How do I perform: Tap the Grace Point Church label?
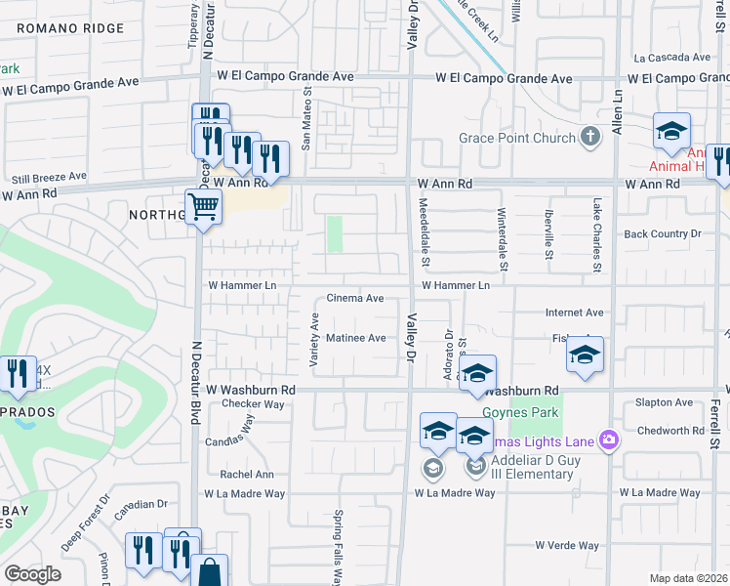point(517,138)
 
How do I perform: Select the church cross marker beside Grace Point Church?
point(589,137)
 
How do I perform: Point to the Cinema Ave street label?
point(354,298)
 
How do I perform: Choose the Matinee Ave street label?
point(356,338)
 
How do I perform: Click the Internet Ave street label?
point(574,313)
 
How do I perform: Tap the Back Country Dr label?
point(663,234)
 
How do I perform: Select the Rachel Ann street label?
point(247,475)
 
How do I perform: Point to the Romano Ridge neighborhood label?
point(71,29)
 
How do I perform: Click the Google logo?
point(32,574)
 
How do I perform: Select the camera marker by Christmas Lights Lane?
point(609,439)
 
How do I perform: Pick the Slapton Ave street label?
point(663,402)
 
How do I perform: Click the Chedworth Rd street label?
point(669,431)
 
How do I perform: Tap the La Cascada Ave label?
point(671,58)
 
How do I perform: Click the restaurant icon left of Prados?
point(18,373)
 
